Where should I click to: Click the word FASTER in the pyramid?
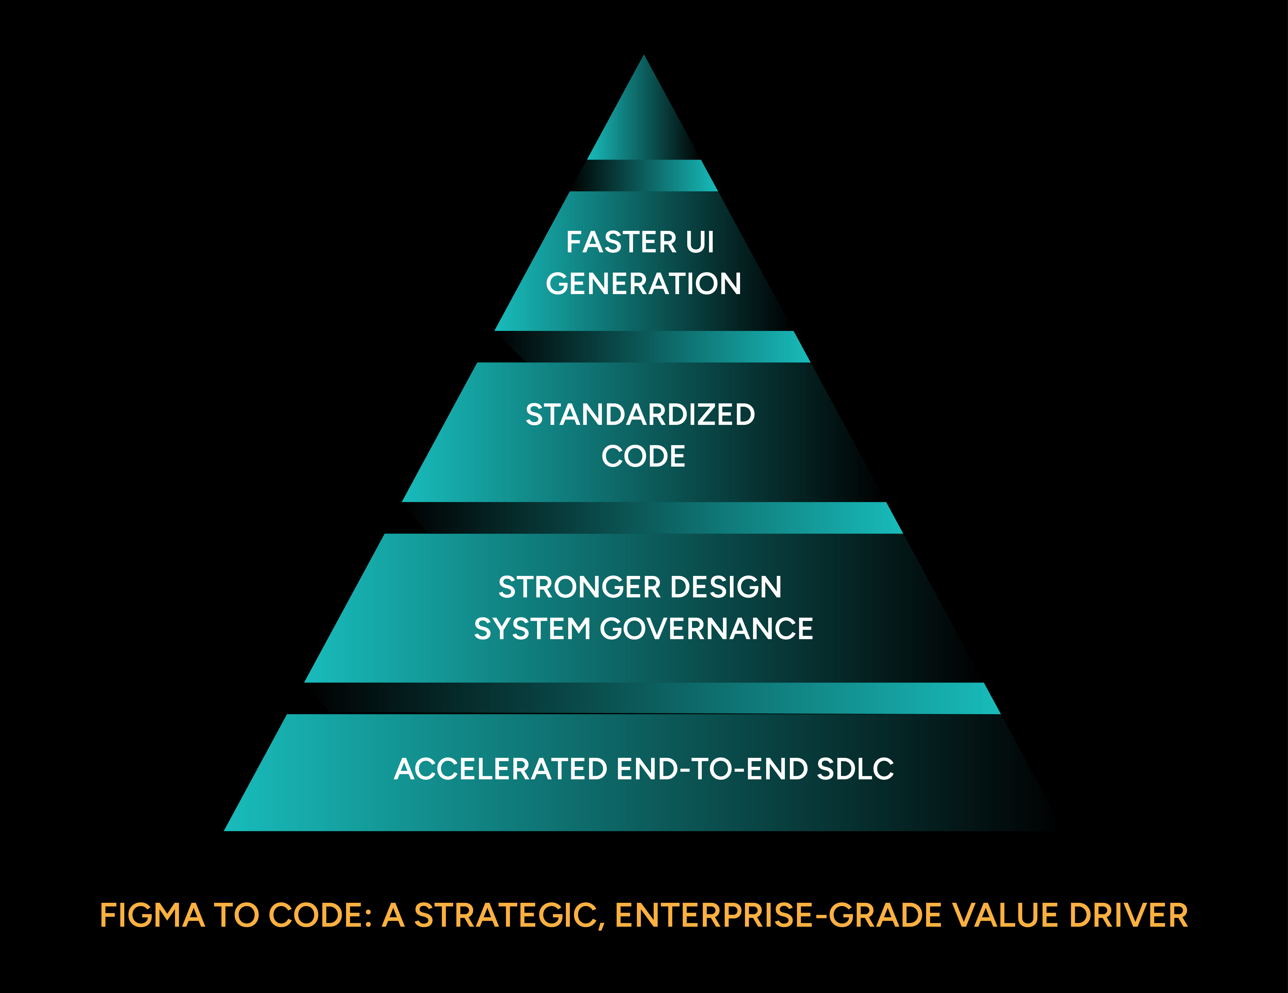pyautogui.click(x=621, y=242)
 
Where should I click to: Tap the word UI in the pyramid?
pyautogui.click(x=700, y=242)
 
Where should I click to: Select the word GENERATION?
pyautogui.click(x=643, y=284)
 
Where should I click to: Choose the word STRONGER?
pyautogui.click(x=580, y=587)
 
